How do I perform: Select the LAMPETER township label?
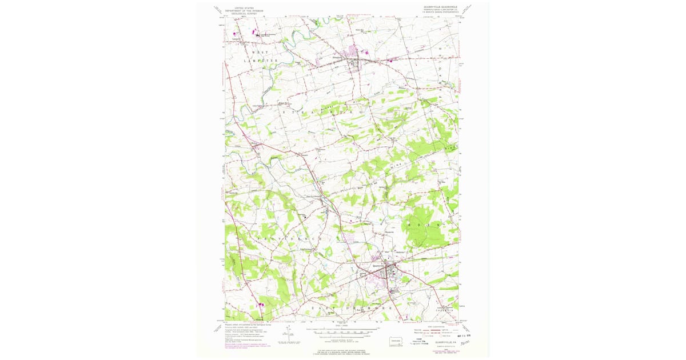(258, 60)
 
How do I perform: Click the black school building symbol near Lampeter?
(257, 35)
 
